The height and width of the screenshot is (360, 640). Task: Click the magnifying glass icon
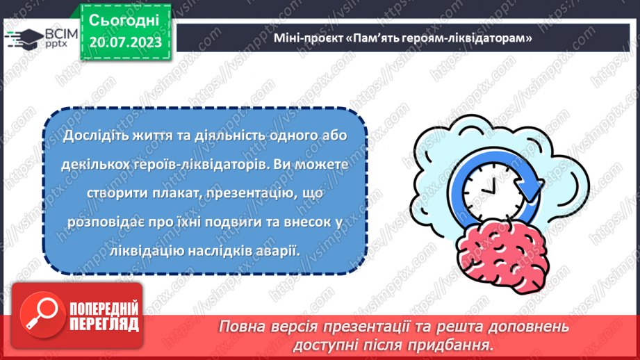click(x=38, y=317)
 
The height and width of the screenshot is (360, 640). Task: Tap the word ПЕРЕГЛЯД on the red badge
click(x=103, y=325)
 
